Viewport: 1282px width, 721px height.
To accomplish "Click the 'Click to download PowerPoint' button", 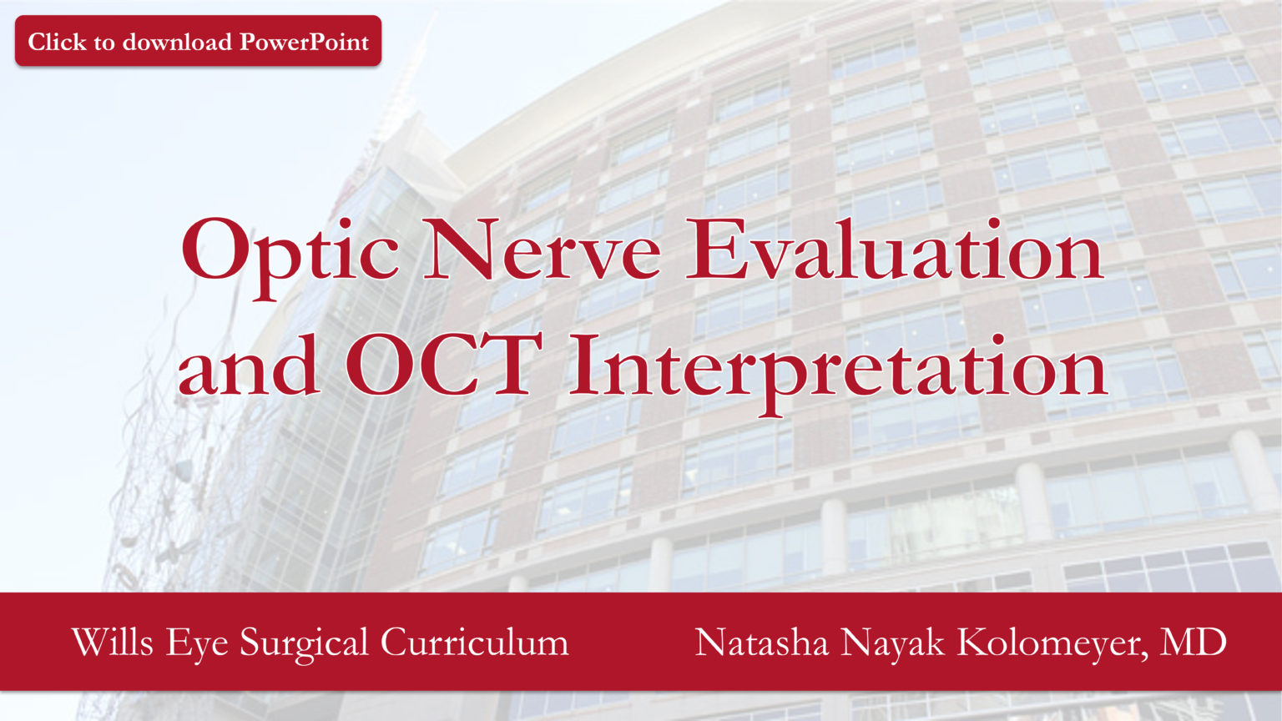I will pos(198,41).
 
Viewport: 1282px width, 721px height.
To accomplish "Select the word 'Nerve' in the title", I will pos(542,250).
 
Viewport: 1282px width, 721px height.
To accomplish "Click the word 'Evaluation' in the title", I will pos(894,250).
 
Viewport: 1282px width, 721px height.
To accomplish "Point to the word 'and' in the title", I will pos(248,367).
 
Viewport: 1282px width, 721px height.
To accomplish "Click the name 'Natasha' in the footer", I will pos(761,643).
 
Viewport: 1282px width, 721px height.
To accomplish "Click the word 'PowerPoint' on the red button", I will pos(305,42).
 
